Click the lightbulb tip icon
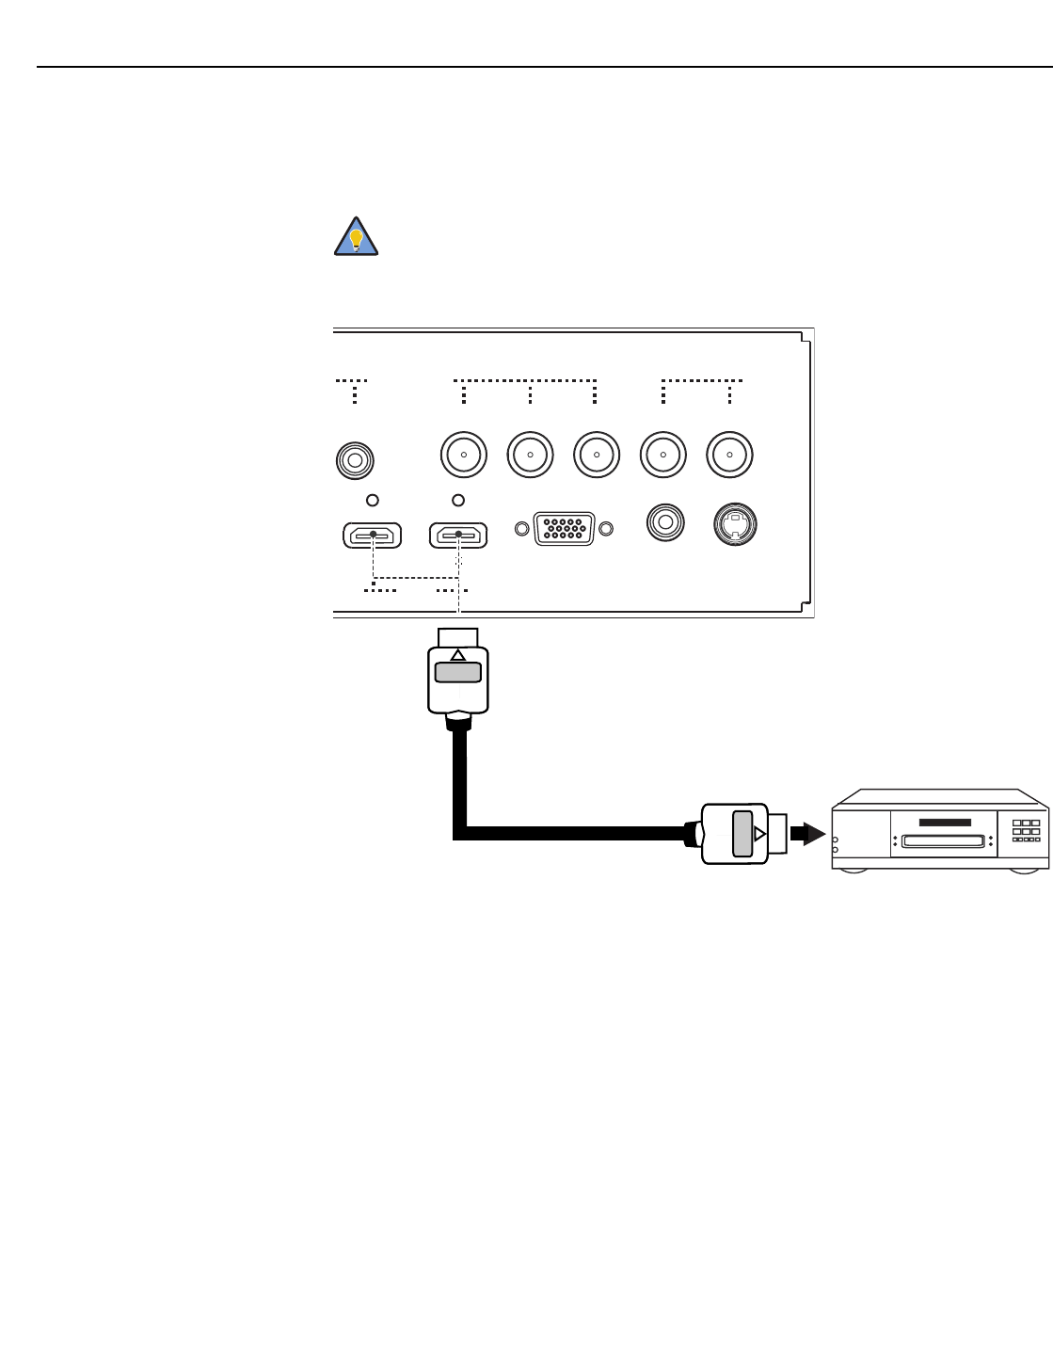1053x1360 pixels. [356, 237]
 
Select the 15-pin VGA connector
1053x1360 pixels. [564, 529]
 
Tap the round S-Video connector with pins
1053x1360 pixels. [735, 524]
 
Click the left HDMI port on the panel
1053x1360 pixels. [373, 536]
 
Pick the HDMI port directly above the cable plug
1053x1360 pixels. [458, 536]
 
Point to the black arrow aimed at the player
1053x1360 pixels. [808, 834]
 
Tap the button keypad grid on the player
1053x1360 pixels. [1026, 831]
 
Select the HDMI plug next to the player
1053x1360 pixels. [735, 834]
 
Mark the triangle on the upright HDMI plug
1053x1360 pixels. [458, 655]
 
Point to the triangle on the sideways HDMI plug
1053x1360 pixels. [759, 834]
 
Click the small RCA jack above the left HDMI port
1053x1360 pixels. [355, 460]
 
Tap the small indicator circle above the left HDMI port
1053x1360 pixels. [373, 500]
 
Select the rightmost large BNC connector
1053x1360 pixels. [729, 455]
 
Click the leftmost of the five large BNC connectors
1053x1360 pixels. [464, 455]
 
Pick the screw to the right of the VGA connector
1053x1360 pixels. [606, 529]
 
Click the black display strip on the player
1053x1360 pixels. [945, 822]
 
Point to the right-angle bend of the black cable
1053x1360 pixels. [460, 833]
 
